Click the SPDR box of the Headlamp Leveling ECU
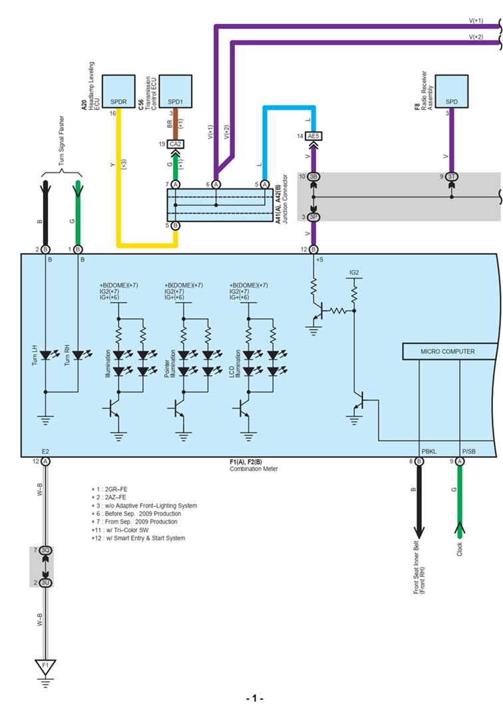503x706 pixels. click(x=118, y=92)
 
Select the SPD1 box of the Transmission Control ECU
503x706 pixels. click(x=176, y=92)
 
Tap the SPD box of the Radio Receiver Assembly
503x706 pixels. click(x=451, y=92)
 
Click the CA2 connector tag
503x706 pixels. click(x=176, y=143)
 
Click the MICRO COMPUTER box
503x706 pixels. click(x=448, y=351)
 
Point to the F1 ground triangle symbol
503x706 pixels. click(x=45, y=665)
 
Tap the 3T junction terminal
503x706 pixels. click(x=451, y=176)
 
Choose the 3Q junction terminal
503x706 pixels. click(x=45, y=551)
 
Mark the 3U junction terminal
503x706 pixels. click(x=45, y=582)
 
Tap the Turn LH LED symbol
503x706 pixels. click(x=45, y=356)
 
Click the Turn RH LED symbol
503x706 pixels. click(x=78, y=356)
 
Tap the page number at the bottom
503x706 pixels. click(x=255, y=698)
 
